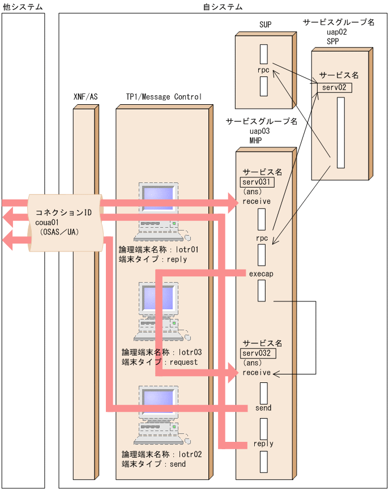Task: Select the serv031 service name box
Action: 258,182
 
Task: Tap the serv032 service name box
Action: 258,353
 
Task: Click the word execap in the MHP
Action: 261,274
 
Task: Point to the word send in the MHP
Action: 263,408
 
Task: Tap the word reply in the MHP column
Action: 263,444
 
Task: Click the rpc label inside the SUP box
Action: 263,71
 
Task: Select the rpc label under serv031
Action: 262,238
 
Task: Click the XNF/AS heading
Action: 86,97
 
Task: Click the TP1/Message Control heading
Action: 164,97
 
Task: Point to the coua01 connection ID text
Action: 47,222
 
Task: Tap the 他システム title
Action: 23,7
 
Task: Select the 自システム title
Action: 223,7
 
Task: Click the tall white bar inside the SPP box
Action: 340,133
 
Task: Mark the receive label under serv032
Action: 257,373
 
